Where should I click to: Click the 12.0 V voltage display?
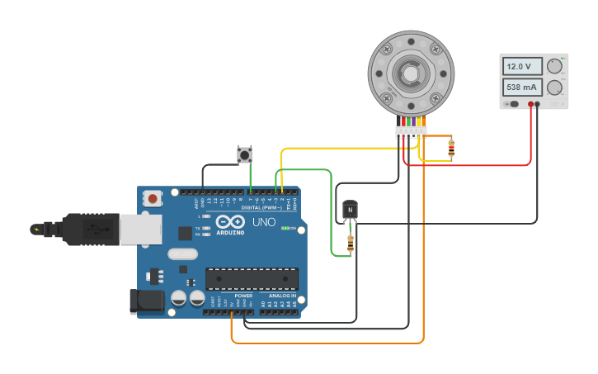click(x=521, y=66)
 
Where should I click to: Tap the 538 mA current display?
click(x=521, y=87)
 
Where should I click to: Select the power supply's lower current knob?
click(x=555, y=87)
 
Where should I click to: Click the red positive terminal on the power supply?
click(x=530, y=104)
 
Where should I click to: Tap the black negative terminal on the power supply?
click(x=538, y=104)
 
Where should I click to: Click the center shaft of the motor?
click(x=410, y=73)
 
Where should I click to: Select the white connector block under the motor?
click(x=410, y=130)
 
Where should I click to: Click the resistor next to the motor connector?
click(x=450, y=148)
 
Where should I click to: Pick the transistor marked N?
click(x=351, y=211)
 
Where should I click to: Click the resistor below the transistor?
click(x=351, y=243)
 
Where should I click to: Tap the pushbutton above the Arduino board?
click(x=244, y=154)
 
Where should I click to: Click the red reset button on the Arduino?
click(x=153, y=198)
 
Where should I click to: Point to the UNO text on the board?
click(x=263, y=222)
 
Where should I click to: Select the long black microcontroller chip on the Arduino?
click(x=252, y=279)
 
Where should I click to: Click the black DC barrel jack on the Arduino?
click(x=147, y=301)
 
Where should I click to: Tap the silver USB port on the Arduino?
click(x=140, y=230)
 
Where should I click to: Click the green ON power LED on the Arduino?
click(x=285, y=228)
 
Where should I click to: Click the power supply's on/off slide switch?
click(x=513, y=104)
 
